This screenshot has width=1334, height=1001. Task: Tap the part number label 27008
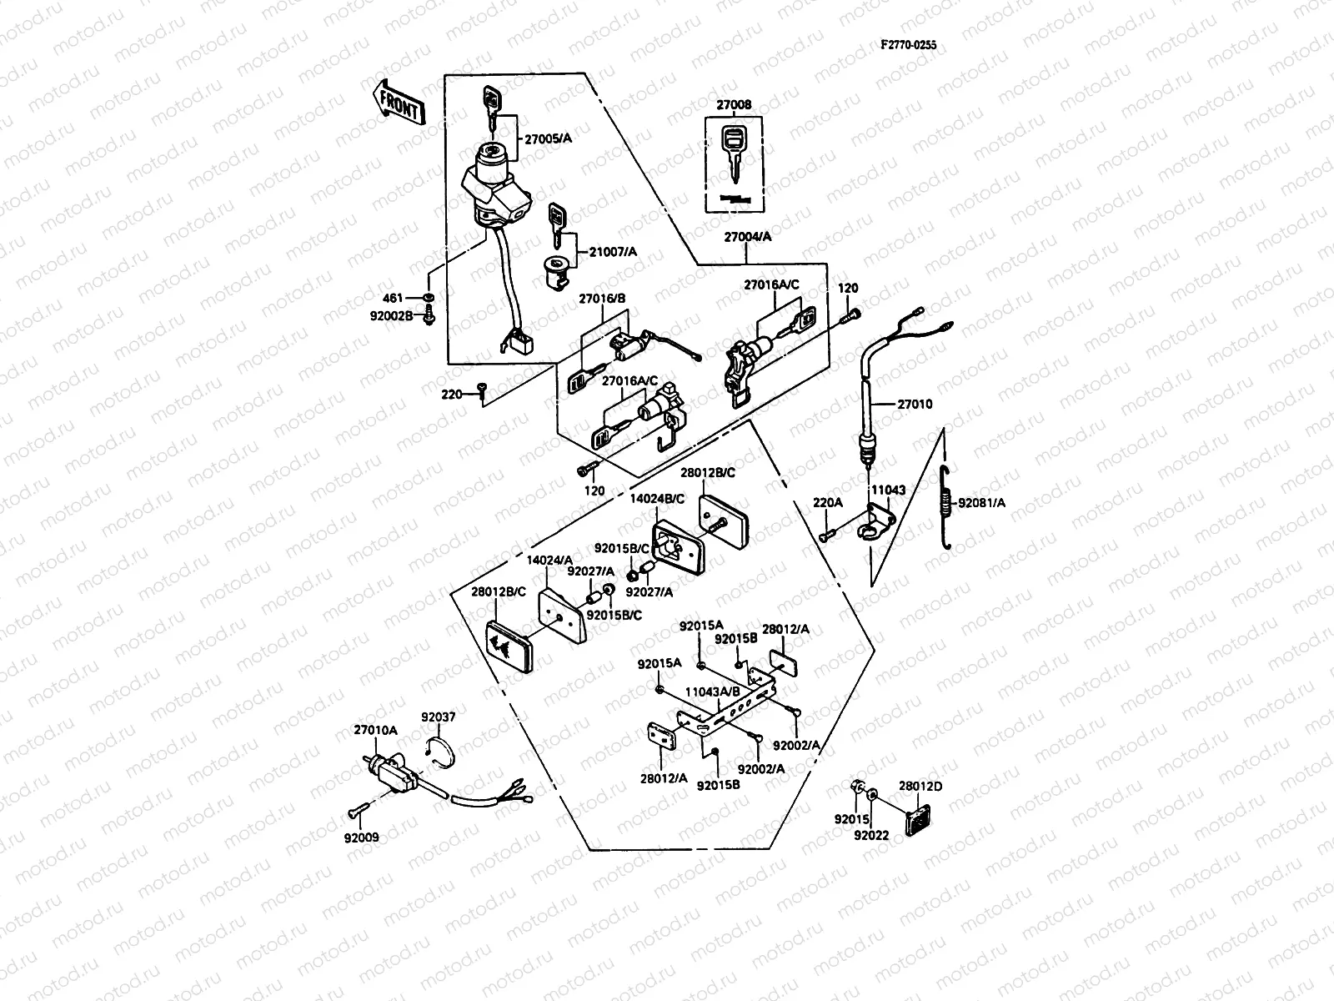734,105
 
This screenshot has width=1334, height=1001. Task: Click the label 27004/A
747,237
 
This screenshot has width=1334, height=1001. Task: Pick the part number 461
393,298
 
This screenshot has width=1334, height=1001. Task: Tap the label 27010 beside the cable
915,404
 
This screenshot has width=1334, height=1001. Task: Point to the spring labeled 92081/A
946,507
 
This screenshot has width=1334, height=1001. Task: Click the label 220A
828,502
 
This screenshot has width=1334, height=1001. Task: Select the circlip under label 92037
439,745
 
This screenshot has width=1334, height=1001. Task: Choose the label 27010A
375,729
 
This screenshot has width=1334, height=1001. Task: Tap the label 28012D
920,786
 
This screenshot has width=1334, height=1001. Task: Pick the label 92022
871,835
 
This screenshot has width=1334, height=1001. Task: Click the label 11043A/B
712,692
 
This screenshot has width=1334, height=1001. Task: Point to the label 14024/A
549,560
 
